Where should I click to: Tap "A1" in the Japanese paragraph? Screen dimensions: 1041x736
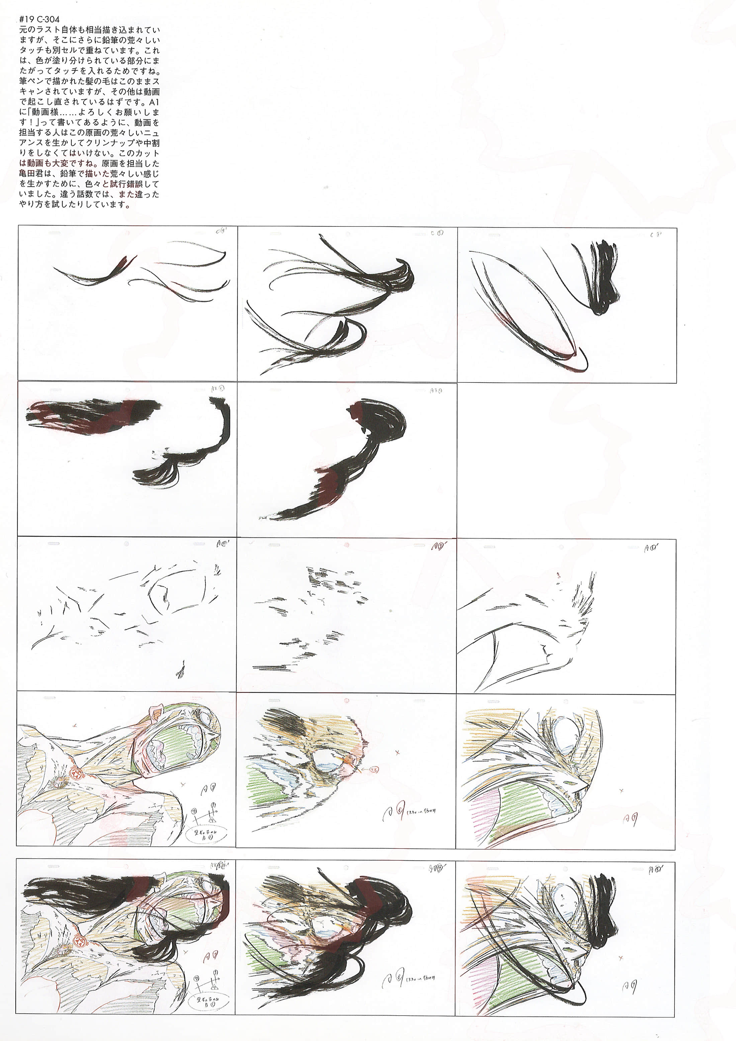coord(154,102)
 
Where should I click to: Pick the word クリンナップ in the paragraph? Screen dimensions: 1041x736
coord(106,143)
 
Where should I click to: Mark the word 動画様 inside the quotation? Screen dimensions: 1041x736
coord(45,112)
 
